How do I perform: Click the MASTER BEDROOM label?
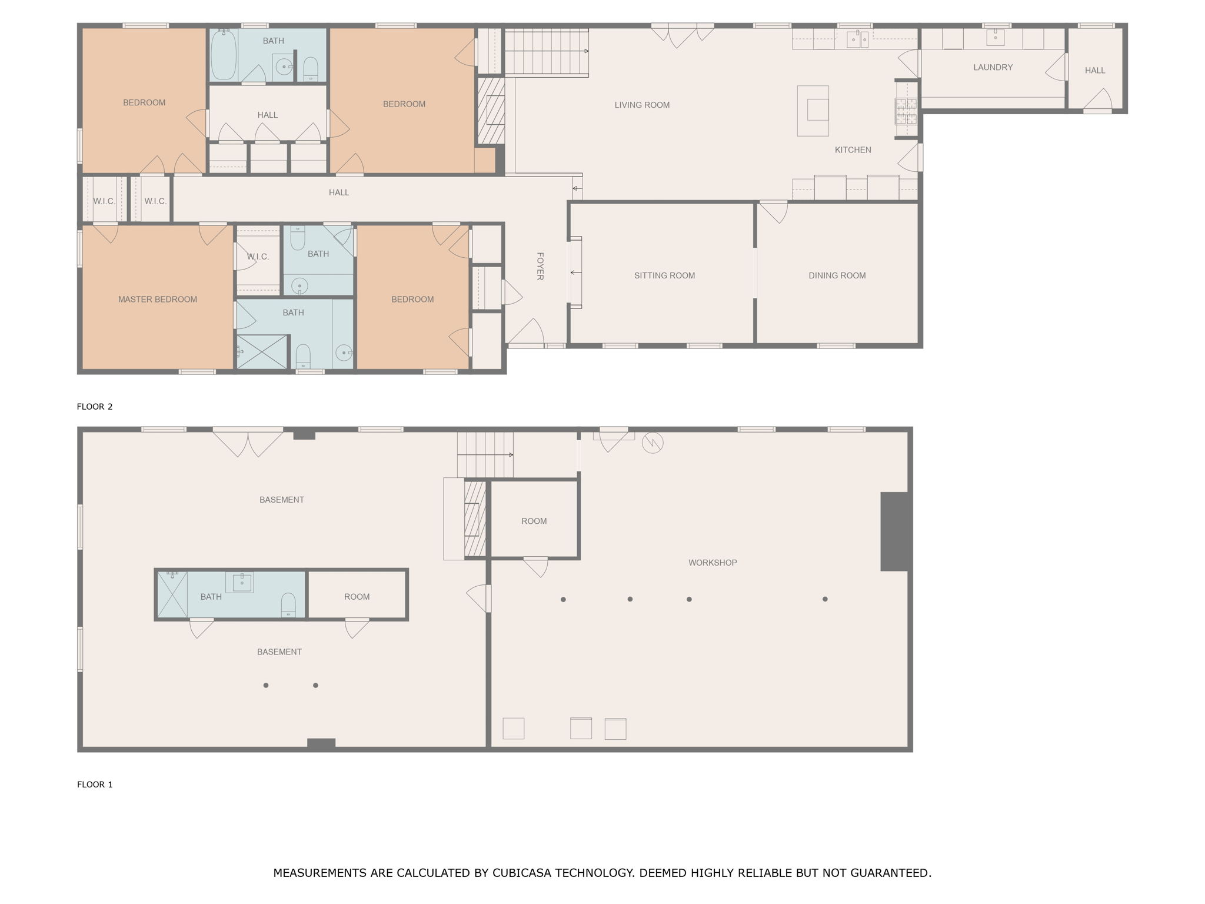click(157, 299)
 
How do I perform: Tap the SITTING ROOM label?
click(664, 275)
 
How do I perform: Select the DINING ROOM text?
click(837, 275)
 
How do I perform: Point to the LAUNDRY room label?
click(993, 68)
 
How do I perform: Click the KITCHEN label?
click(853, 150)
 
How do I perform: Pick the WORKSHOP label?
click(713, 563)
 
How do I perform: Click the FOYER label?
click(540, 266)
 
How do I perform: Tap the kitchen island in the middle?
click(813, 110)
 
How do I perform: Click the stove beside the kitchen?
click(906, 111)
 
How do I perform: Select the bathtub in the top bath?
click(224, 54)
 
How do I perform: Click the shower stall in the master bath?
click(262, 352)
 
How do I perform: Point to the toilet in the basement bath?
click(288, 604)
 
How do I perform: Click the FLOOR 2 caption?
click(95, 407)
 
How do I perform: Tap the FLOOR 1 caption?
click(95, 785)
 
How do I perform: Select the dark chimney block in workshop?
click(895, 531)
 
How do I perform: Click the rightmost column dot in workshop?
click(825, 599)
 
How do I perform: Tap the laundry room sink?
click(995, 38)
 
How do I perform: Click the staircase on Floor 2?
click(546, 52)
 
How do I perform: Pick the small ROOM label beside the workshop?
click(534, 521)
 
